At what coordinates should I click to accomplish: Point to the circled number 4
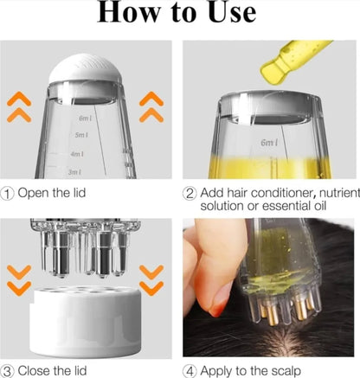coord(190,369)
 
